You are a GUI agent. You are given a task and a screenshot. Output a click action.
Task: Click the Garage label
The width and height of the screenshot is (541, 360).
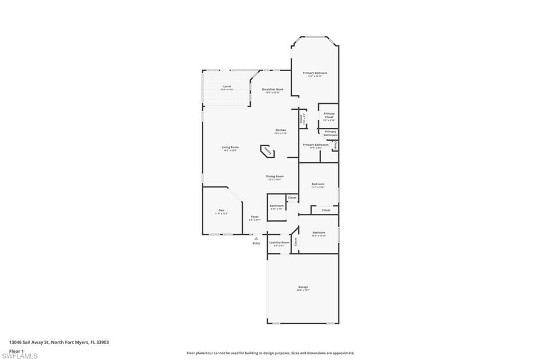click(303, 287)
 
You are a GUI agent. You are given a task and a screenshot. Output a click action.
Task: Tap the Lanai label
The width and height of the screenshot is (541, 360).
click(227, 86)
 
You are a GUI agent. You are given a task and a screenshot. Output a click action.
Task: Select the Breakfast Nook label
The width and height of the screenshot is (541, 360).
click(273, 89)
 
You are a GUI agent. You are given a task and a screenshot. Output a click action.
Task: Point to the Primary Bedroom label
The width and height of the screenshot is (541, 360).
click(315, 73)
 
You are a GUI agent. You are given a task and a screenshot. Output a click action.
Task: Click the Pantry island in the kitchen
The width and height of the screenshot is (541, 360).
click(268, 152)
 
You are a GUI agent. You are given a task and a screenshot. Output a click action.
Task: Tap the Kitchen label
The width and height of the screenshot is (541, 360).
click(281, 130)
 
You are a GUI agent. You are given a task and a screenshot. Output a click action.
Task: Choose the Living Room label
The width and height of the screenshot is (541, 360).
click(230, 147)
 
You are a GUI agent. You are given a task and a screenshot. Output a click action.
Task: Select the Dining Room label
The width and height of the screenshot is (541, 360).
click(275, 176)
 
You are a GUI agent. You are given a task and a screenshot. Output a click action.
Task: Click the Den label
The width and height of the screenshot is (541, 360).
click(221, 211)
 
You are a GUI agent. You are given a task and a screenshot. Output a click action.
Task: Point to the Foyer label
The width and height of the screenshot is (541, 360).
click(255, 217)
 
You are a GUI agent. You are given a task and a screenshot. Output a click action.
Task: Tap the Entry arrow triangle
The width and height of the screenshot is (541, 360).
click(256, 239)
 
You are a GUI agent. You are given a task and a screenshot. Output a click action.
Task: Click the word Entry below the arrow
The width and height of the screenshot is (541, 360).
click(256, 243)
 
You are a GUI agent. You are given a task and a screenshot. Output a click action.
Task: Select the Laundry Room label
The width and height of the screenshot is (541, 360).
click(279, 242)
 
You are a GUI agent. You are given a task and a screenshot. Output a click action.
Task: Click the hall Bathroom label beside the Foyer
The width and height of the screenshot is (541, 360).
click(277, 205)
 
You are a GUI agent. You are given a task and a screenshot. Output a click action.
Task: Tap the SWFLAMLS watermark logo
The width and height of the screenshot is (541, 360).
click(20, 356)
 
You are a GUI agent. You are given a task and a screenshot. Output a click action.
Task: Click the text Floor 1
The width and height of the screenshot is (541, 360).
click(16, 350)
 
